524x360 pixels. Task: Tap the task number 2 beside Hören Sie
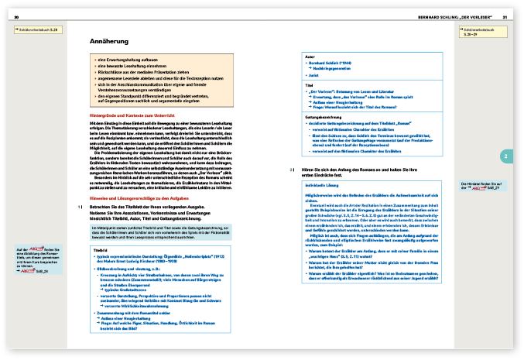pyautogui.click(x=291, y=169)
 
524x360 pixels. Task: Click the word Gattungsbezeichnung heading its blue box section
pyautogui.click(x=327, y=115)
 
